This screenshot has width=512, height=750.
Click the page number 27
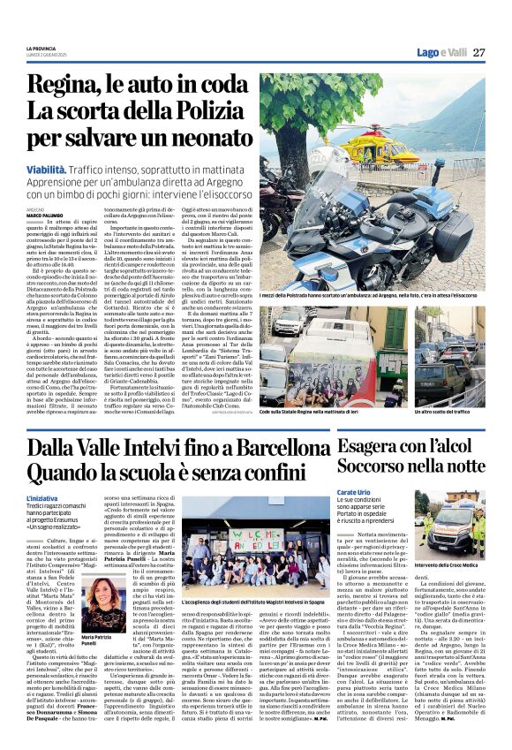[478, 52]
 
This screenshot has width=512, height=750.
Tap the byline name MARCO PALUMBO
[44, 215]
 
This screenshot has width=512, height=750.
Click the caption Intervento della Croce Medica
[451, 563]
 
